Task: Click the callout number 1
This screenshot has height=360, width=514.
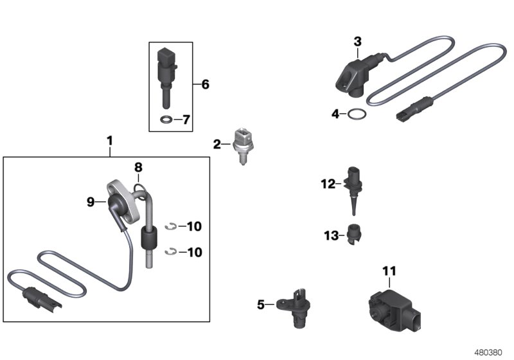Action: pyautogui.click(x=110, y=141)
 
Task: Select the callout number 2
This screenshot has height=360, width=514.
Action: pyautogui.click(x=217, y=144)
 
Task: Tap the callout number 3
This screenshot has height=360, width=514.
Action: pyautogui.click(x=358, y=42)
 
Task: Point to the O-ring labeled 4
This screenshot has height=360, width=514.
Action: pyautogui.click(x=357, y=114)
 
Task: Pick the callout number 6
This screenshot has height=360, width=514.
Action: pyautogui.click(x=205, y=84)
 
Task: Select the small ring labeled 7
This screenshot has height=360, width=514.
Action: pyautogui.click(x=166, y=120)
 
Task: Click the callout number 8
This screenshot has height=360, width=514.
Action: pyautogui.click(x=138, y=168)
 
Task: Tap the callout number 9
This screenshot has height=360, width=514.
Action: pyautogui.click(x=91, y=202)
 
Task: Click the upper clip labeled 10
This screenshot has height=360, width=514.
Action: pyautogui.click(x=171, y=226)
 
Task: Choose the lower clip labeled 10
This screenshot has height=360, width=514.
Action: pyautogui.click(x=171, y=252)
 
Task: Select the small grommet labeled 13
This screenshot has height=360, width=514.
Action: pyautogui.click(x=354, y=234)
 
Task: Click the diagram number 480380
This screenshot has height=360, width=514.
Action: pyautogui.click(x=488, y=352)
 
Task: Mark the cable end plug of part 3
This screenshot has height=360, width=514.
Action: pyautogui.click(x=414, y=108)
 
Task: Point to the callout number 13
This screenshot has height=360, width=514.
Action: pyautogui.click(x=331, y=235)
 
